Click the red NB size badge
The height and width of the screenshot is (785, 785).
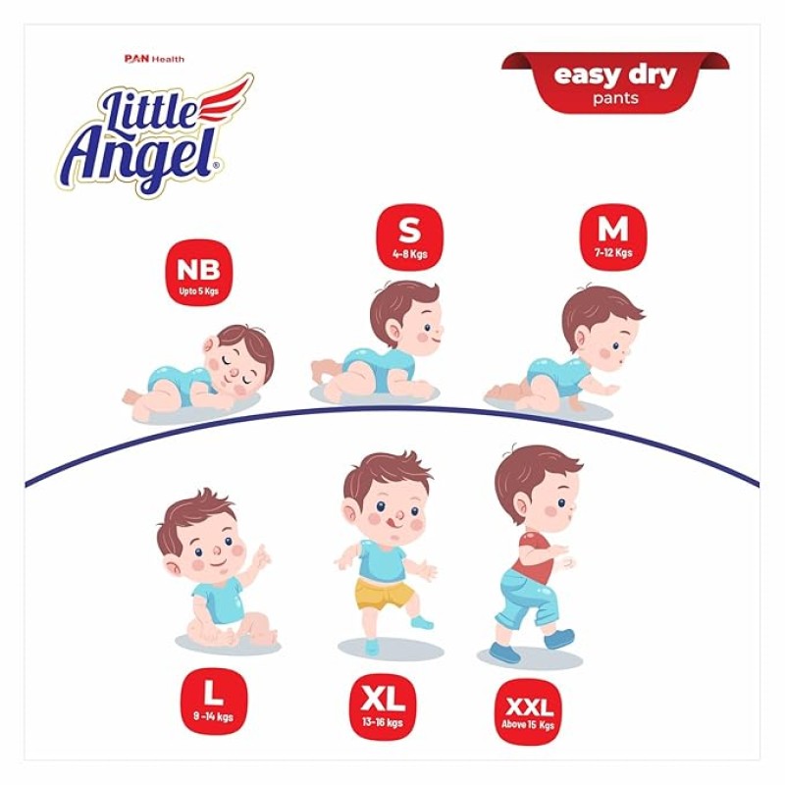pyautogui.click(x=199, y=272)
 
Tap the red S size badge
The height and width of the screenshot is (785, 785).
pyautogui.click(x=410, y=236)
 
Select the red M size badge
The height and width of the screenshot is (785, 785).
pyautogui.click(x=613, y=235)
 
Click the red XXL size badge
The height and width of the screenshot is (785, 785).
pyautogui.click(x=530, y=709)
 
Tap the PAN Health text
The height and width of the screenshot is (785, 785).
pyautogui.click(x=154, y=59)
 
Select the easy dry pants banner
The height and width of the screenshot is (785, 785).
pyautogui.click(x=615, y=81)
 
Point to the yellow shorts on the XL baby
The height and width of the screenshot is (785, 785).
pyautogui.click(x=383, y=593)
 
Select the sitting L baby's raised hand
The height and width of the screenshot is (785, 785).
pyautogui.click(x=261, y=560)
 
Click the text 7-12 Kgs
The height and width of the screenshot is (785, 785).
pyautogui.click(x=614, y=253)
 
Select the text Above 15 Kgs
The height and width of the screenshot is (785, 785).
pyautogui.click(x=530, y=726)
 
